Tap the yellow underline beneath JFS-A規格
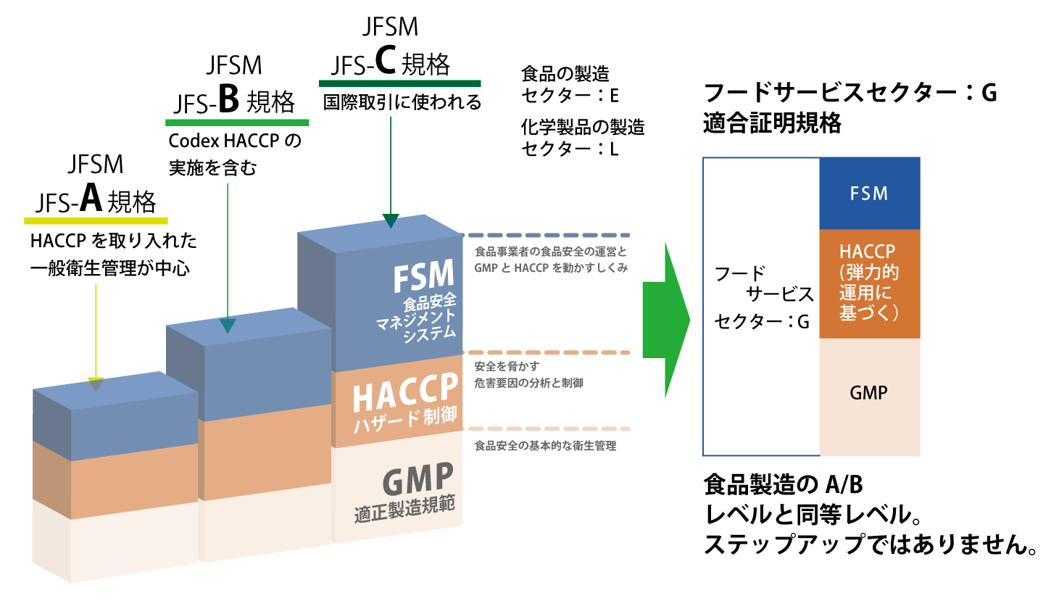point(96,220)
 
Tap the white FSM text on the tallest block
point(423,277)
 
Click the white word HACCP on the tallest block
point(405,397)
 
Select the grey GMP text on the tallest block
point(418,480)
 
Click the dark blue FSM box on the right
point(869,193)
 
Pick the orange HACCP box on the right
point(869,283)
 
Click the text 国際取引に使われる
point(402,102)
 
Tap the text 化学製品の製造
point(583,128)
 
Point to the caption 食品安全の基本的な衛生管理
point(545,446)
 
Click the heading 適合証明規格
point(773,124)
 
